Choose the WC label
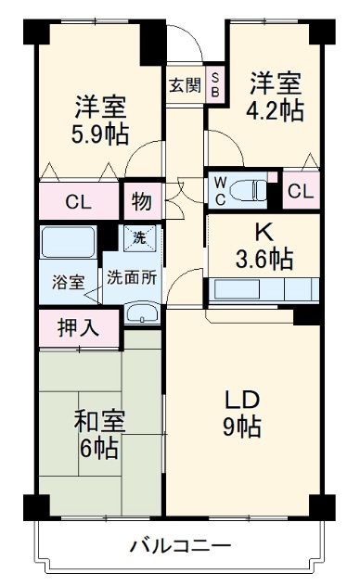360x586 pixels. [x=220, y=189]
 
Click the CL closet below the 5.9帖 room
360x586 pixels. [x=78, y=202]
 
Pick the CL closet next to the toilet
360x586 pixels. [x=299, y=192]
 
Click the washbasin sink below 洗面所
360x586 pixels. [x=141, y=313]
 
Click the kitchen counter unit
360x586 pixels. [x=264, y=289]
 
